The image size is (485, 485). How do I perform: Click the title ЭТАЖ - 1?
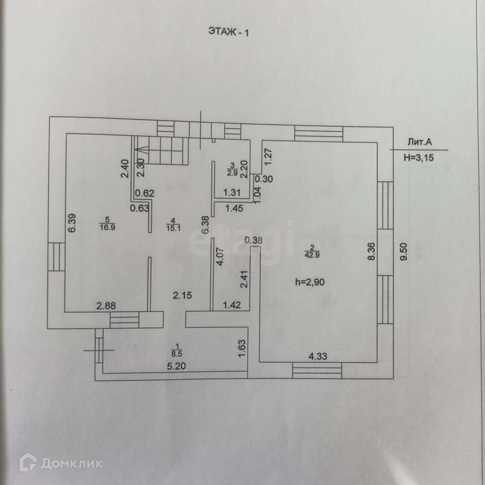[228, 31]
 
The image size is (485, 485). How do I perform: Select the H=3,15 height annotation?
[419, 157]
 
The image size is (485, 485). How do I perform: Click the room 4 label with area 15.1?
[172, 224]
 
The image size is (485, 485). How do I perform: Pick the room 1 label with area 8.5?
[176, 350]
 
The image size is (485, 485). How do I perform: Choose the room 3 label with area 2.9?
[232, 168]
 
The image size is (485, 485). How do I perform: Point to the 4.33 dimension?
[318, 356]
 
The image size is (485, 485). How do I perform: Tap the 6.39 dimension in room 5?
[72, 224]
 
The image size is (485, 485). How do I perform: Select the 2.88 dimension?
[107, 306]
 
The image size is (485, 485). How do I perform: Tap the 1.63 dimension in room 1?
[241, 349]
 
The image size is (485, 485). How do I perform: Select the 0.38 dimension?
[253, 240]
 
